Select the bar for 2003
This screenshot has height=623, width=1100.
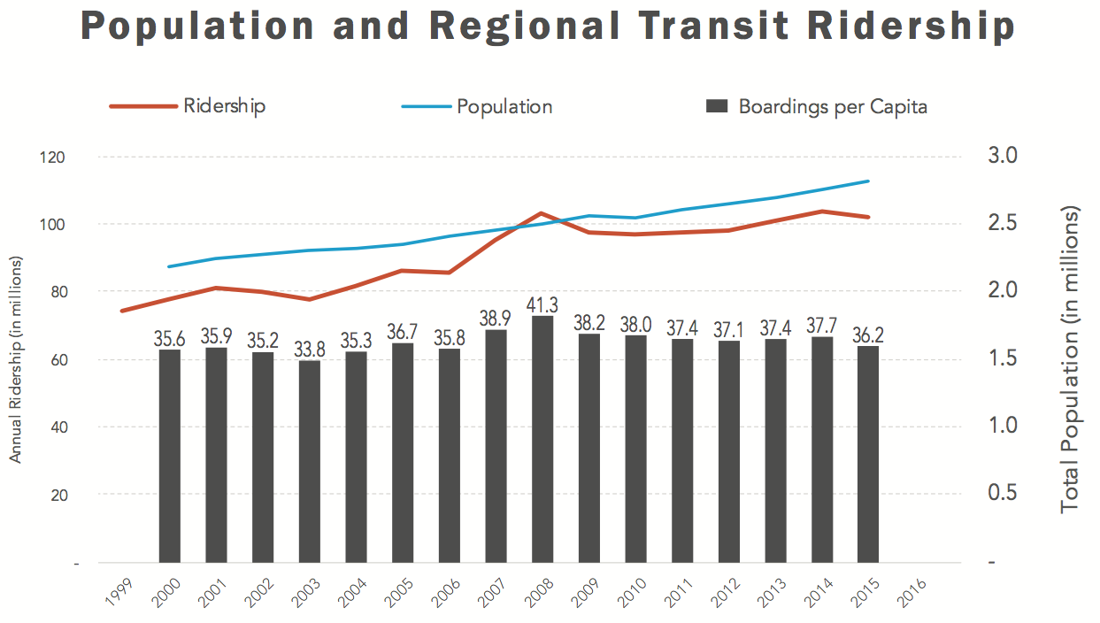[x=310, y=461]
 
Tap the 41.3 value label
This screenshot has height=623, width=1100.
[x=542, y=305]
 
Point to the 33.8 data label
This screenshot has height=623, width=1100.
[x=310, y=350]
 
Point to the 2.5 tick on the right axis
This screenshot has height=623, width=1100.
[x=1004, y=222]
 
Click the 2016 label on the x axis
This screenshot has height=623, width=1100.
[x=912, y=592]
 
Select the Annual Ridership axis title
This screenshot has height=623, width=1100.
[x=16, y=359]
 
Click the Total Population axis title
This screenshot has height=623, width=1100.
[x=1072, y=359]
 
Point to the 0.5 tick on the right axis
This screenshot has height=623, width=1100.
[x=1004, y=493]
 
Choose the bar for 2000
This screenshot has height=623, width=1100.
[x=170, y=456]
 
